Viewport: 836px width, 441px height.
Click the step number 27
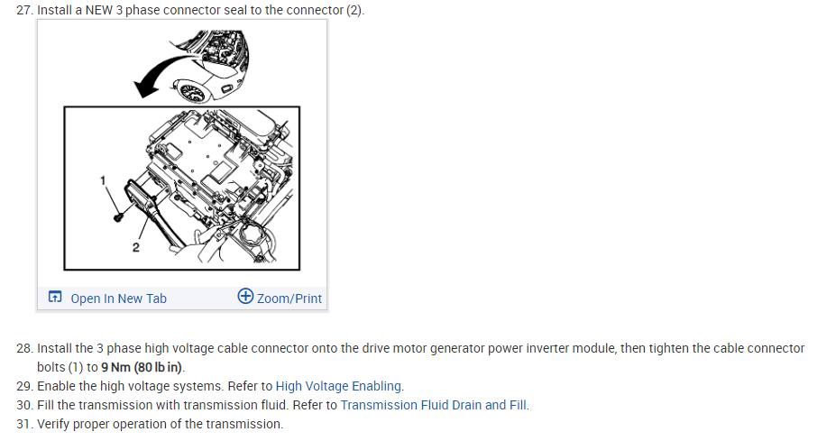coord(24,10)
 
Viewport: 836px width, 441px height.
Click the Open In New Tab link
coord(118,299)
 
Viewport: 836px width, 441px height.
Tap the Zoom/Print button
coord(289,299)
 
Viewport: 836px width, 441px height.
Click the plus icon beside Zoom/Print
coord(245,297)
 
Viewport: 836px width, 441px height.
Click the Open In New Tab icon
coord(56,298)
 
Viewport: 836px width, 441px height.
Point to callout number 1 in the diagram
coord(104,180)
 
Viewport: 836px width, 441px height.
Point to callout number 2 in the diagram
coord(135,246)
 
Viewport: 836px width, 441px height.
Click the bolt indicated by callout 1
coord(118,216)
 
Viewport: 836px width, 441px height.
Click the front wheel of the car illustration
coord(194,91)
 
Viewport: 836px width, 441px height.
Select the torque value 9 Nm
coord(116,368)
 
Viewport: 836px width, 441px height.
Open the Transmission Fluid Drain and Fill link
coord(434,405)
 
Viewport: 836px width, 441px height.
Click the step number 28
coord(24,348)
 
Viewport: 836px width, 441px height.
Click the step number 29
coord(24,386)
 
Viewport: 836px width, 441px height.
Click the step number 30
coord(24,405)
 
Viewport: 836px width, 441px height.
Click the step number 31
coord(24,424)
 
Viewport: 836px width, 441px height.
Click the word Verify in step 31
coord(53,424)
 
